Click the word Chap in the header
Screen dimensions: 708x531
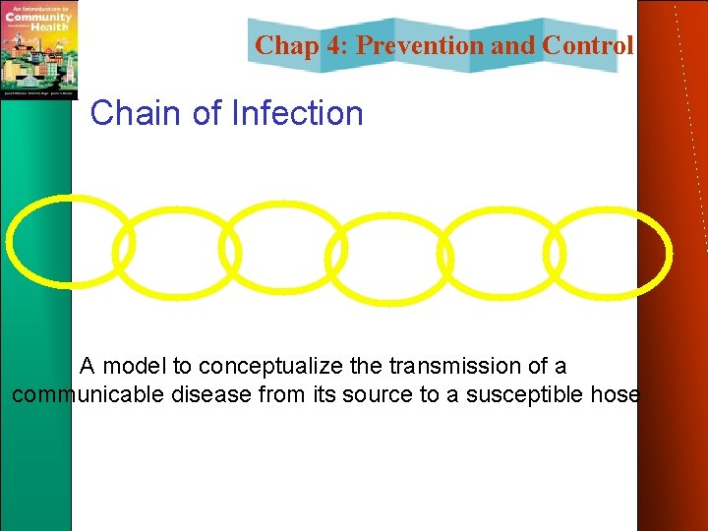(285, 45)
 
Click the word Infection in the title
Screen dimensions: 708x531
(296, 113)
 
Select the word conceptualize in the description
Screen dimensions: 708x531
(270, 367)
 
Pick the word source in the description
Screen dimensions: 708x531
(361, 395)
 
